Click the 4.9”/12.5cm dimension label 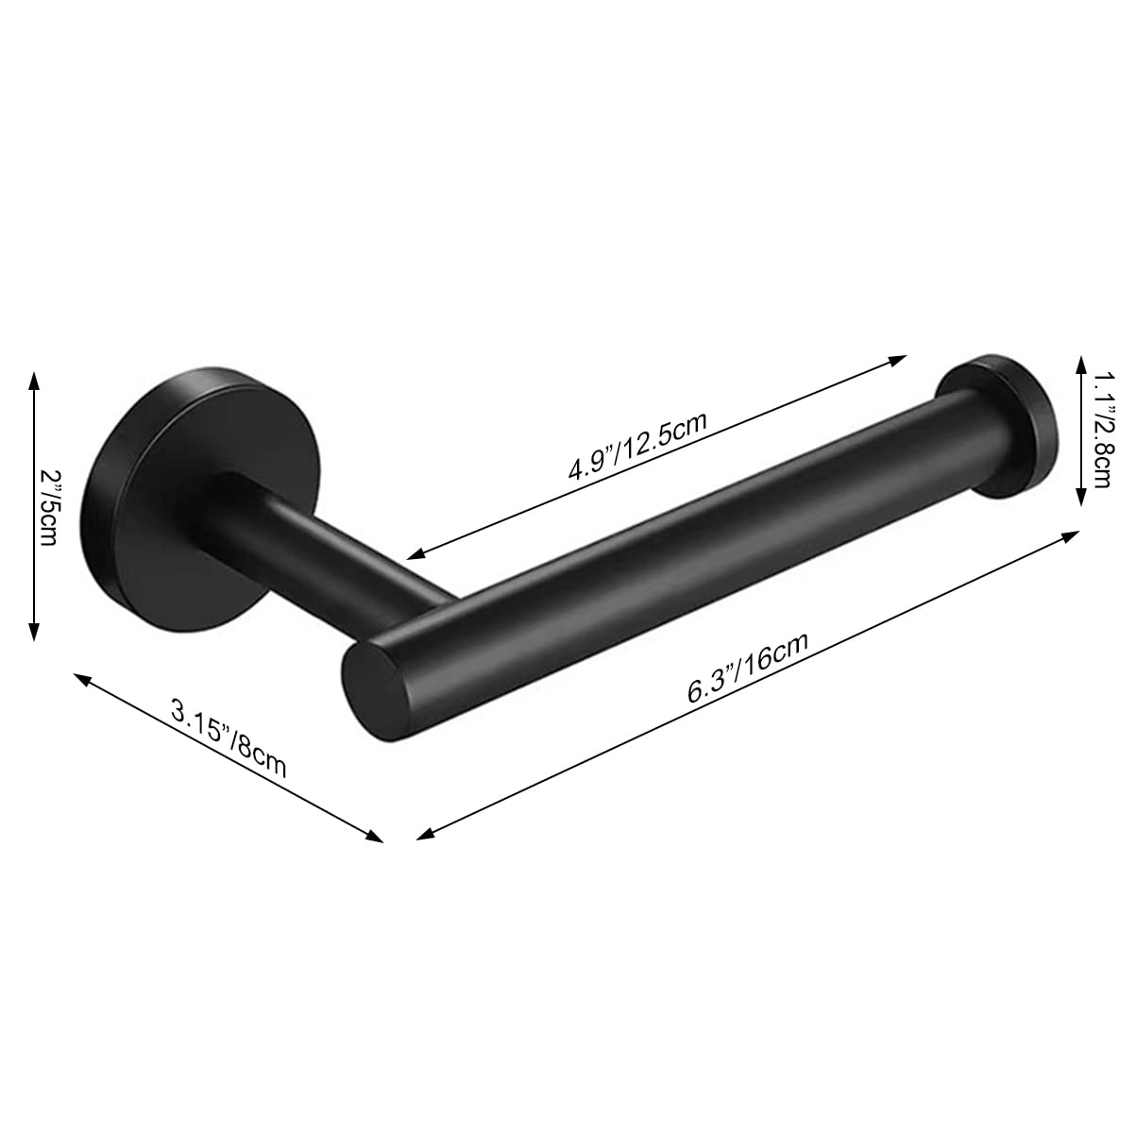pos(636,447)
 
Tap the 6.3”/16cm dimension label pos(748,667)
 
